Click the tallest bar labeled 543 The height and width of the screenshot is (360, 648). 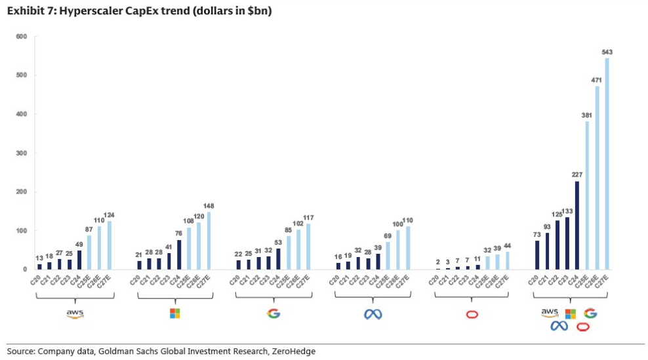point(607,164)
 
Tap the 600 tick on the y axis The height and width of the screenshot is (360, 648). point(21,37)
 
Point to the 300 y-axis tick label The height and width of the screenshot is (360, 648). point(21,153)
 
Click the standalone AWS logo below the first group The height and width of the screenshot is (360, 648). point(75,314)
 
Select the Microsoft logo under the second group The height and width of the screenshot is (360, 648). point(174,313)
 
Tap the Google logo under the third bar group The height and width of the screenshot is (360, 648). point(273,313)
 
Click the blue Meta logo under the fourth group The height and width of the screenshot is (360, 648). point(373,314)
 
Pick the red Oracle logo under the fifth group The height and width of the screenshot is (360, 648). point(472,314)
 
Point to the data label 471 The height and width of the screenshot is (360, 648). point(597,80)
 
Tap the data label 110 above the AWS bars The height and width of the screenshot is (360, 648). point(99,220)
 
